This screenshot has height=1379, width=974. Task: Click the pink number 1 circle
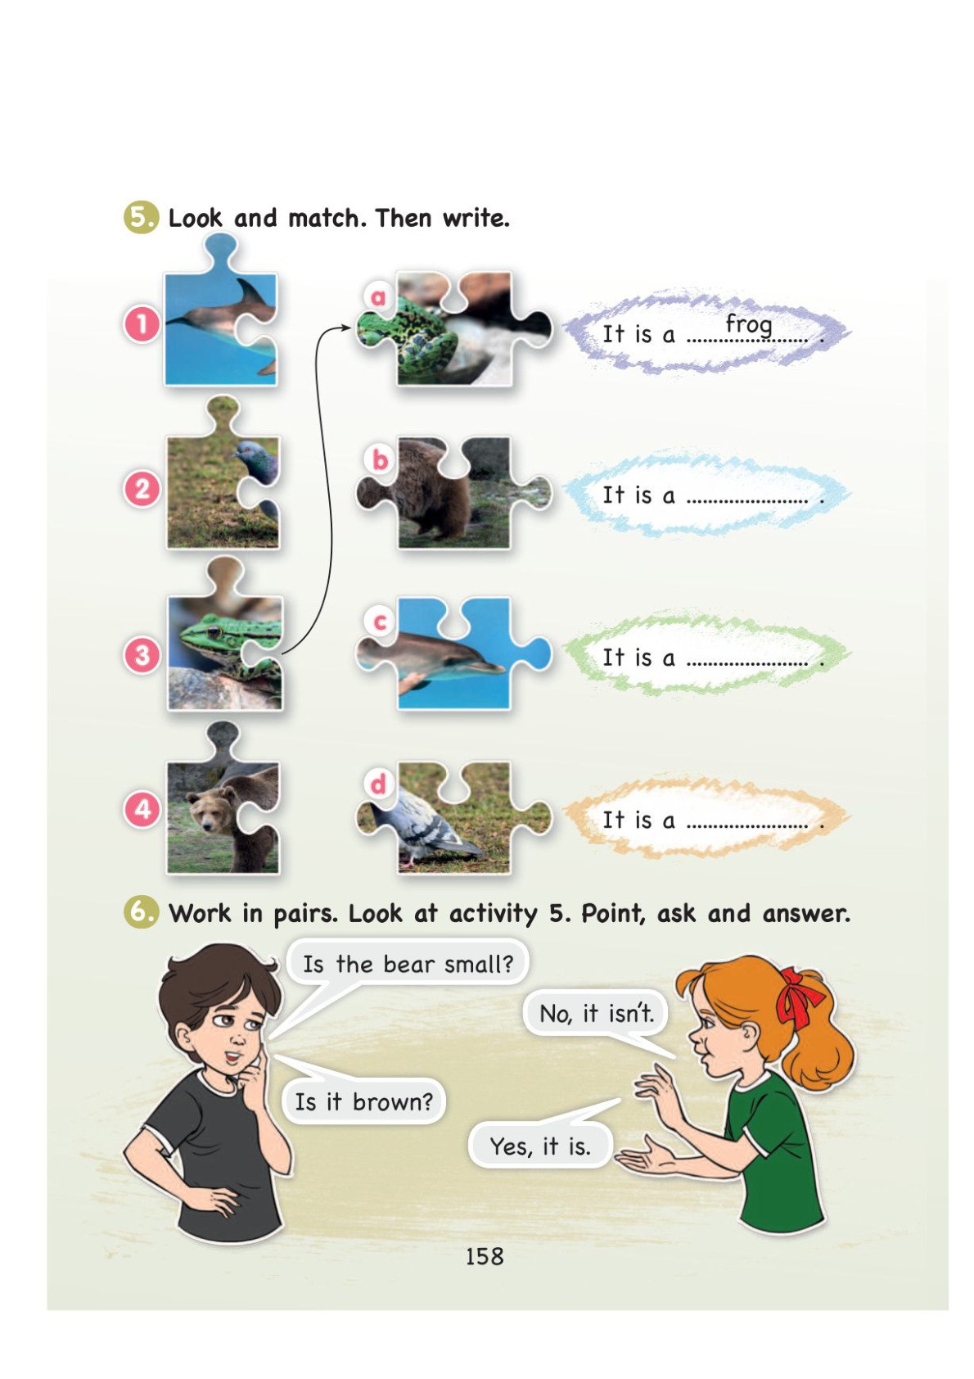[x=142, y=324]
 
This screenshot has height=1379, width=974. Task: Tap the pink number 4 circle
[x=142, y=810]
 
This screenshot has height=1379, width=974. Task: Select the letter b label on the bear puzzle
[x=380, y=459]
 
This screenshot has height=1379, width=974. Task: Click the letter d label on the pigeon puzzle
[x=378, y=784]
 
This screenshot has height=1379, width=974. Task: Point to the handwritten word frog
[x=748, y=324]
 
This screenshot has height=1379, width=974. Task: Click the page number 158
[x=485, y=1256]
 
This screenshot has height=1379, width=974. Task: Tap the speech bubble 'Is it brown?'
[x=363, y=1102]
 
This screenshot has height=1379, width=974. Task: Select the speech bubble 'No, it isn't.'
[x=597, y=1014]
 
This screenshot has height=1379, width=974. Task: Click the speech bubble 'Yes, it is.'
[x=540, y=1146]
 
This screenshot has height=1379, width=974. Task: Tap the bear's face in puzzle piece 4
[x=210, y=812]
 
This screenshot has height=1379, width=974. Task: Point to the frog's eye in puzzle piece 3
[x=214, y=631]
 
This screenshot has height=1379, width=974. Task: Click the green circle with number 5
[x=140, y=217]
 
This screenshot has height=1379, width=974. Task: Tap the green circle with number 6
[x=140, y=911]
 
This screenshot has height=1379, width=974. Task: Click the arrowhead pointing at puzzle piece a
[x=345, y=328]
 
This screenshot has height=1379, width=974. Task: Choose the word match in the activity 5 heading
[x=325, y=219]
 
